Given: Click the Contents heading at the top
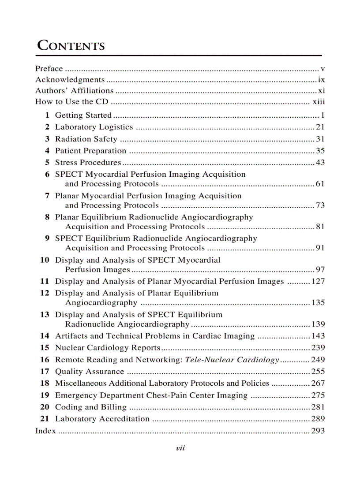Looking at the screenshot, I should [x=71, y=45].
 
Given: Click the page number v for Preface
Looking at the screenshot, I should [x=322, y=69].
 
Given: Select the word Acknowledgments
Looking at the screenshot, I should [x=70, y=80].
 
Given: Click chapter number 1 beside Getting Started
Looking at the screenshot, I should [x=47, y=115].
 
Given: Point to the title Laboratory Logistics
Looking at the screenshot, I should [x=94, y=127].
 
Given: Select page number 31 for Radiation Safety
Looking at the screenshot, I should [x=320, y=139].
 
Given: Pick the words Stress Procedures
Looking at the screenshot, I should [x=88, y=163].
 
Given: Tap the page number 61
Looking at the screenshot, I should [x=320, y=184].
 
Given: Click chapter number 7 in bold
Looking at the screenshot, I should [x=47, y=196].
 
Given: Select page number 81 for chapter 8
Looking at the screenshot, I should [x=320, y=227].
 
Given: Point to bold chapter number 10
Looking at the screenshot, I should [x=45, y=260].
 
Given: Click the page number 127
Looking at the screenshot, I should [x=318, y=281].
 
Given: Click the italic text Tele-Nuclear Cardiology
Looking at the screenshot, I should [x=232, y=360].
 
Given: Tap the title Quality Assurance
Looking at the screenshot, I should [x=90, y=372].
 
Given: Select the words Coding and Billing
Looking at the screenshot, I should [x=90, y=407].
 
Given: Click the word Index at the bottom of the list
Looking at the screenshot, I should [x=45, y=431].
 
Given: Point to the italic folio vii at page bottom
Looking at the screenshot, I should [x=180, y=448].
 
